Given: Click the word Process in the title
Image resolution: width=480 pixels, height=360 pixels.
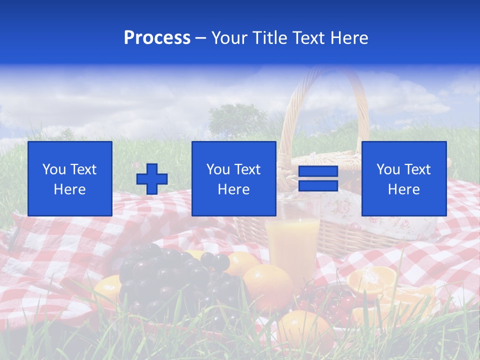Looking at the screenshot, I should [157, 38].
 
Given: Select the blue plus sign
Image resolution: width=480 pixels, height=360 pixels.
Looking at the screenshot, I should [152, 179].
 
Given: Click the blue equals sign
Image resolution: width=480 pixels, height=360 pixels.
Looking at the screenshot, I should [318, 178].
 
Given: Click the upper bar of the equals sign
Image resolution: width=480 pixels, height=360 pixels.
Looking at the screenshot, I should [318, 171].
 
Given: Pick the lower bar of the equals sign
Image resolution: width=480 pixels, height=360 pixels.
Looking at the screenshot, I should [318, 185].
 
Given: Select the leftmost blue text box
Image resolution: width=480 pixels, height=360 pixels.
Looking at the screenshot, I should [69, 178].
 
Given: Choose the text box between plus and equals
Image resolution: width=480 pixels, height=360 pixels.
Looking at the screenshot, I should [233, 178].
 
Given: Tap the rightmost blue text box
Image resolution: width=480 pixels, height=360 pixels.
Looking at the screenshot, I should [403, 178].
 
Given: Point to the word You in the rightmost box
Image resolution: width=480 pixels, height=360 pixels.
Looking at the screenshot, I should [388, 169].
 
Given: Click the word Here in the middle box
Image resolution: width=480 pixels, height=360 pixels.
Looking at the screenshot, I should [233, 189].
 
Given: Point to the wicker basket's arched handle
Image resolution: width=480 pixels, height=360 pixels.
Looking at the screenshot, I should [325, 90].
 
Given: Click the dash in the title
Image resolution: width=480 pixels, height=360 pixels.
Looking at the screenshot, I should [201, 38].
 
